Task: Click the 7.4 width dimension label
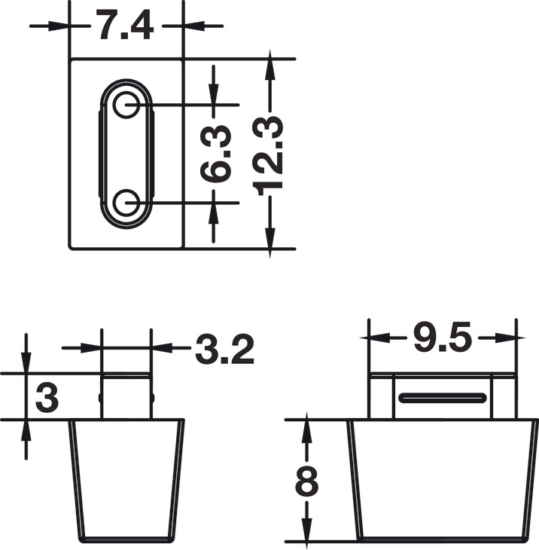point(125,26)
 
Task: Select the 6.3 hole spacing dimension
point(216,153)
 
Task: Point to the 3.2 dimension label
point(224,349)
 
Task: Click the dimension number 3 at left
point(47,397)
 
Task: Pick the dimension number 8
point(306,482)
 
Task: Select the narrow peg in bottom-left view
point(126,396)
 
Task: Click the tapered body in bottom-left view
point(126,479)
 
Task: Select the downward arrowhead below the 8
point(306,530)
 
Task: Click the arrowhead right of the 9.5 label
point(507,339)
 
